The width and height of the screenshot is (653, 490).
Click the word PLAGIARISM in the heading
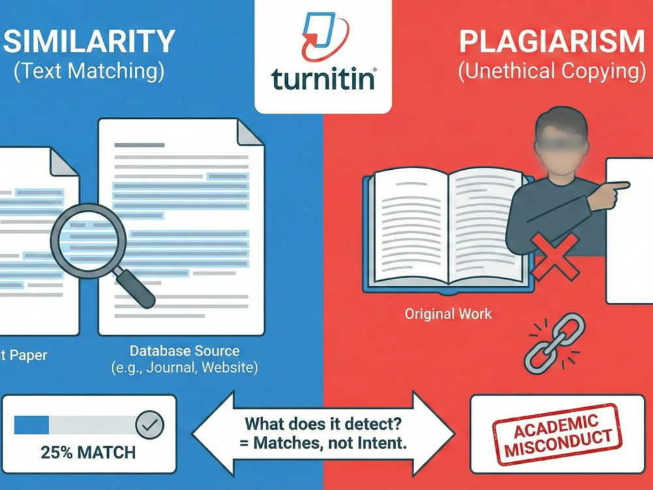pyautogui.click(x=552, y=41)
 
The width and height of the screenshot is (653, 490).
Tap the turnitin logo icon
pyautogui.click(x=323, y=36)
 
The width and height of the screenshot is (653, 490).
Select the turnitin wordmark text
pyautogui.click(x=323, y=78)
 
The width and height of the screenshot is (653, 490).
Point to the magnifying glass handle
pyautogui.click(x=135, y=288)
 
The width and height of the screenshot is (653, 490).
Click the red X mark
pyautogui.click(x=554, y=256)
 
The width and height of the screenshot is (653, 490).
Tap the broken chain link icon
pyautogui.click(x=554, y=343)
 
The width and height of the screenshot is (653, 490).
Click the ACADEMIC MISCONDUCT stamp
pyautogui.click(x=557, y=434)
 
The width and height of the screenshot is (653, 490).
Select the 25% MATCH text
pyautogui.click(x=88, y=453)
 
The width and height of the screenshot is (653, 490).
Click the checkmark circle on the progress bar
pyautogui.click(x=150, y=425)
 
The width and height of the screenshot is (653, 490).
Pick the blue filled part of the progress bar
pyautogui.click(x=31, y=425)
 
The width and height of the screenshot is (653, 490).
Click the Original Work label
pyautogui.click(x=448, y=314)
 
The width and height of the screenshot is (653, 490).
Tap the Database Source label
pyautogui.click(x=185, y=351)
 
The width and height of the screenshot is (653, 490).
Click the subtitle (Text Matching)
pyautogui.click(x=89, y=71)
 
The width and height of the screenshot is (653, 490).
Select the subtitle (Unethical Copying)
pyautogui.click(x=552, y=71)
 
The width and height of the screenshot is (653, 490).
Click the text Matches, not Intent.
pyautogui.click(x=323, y=442)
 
